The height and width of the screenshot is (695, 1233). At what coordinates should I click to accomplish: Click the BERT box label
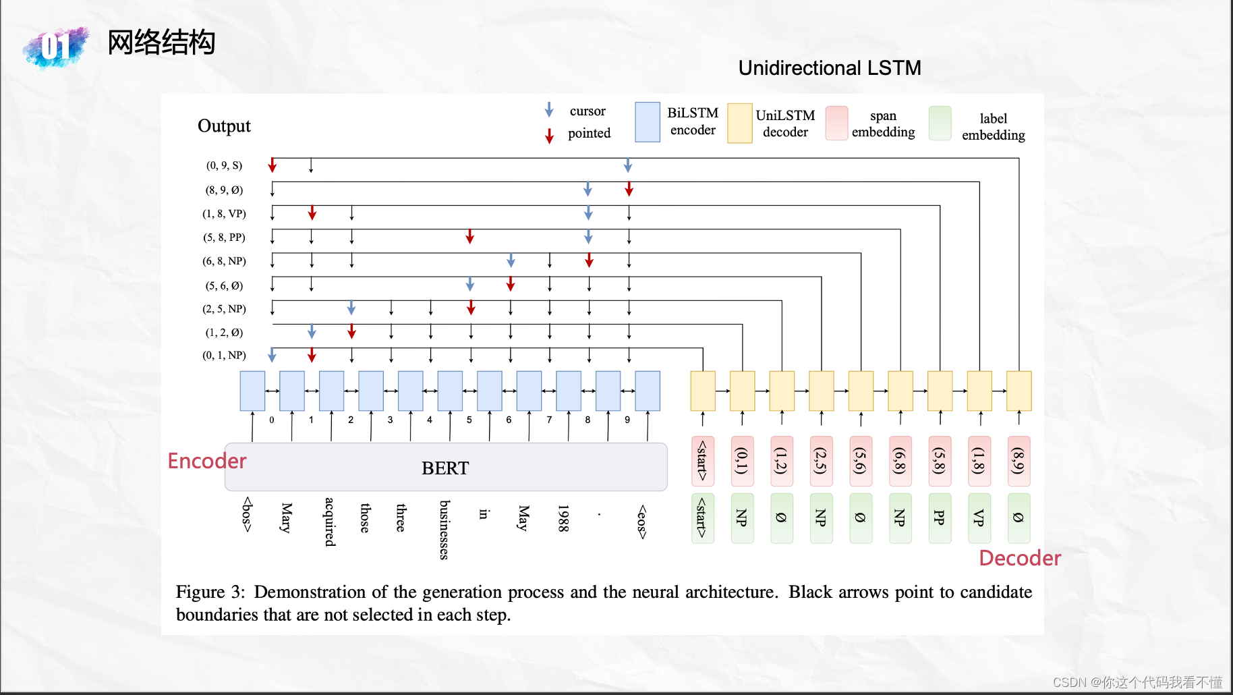pos(445,468)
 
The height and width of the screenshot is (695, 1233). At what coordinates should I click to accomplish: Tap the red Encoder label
pos(206,461)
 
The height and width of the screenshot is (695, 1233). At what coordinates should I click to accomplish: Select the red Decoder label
pos(1019,558)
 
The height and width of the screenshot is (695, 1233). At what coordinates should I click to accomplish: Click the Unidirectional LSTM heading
pos(829,68)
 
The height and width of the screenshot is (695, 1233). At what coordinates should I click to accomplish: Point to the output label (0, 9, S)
pos(224,165)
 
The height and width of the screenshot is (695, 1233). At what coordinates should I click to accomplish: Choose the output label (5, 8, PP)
pos(224,238)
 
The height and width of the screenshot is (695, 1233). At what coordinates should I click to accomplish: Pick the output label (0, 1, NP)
pos(224,356)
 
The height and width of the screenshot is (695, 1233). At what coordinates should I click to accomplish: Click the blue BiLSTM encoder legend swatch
pos(647,122)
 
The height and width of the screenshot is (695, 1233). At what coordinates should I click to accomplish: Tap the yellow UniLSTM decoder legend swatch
pos(739,123)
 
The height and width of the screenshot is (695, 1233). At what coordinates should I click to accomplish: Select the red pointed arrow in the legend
pos(549,136)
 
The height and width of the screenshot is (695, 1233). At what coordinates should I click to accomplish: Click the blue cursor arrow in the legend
pos(549,110)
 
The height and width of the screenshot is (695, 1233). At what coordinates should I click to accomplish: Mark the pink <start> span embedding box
pos(702,462)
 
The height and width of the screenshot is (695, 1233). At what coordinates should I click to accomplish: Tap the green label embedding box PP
pos(939,518)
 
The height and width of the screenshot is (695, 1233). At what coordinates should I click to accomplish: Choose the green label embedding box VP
pos(979,518)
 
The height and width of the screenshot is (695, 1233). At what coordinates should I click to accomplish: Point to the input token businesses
pos(444,530)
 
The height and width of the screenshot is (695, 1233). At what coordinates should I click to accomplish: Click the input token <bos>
pos(248,515)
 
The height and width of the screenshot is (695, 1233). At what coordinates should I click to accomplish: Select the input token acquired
pos(330,522)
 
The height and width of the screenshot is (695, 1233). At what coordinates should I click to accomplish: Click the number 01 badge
pos(56,47)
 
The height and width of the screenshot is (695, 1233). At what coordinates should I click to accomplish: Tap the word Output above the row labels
pos(224,126)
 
